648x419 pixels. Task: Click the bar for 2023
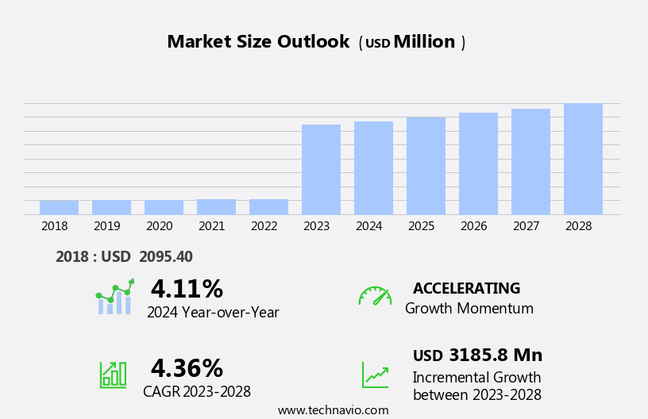pos(321,169)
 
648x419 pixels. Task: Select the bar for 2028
pos(583,159)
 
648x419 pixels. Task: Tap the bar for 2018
pos(59,207)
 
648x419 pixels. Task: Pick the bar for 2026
pos(478,163)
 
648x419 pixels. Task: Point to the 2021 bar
pos(216,206)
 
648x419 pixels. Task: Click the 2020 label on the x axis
pos(159,226)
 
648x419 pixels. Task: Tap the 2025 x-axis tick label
pos(421,226)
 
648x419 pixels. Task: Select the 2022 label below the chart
pos(264,226)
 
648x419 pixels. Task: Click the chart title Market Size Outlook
pos(258,42)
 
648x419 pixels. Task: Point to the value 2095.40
pos(166,256)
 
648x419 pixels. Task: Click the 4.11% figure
pos(187,289)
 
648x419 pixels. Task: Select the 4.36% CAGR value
pos(187,368)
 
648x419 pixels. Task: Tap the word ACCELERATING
pos(466,288)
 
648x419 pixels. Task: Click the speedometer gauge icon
pos(375,296)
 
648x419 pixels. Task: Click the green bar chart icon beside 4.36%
pos(113,375)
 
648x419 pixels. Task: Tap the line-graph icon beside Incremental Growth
pos(375,375)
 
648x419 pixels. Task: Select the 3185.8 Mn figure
pos(496,355)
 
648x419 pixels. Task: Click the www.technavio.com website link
pos(333,410)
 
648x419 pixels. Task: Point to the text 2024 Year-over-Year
pos(213,313)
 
